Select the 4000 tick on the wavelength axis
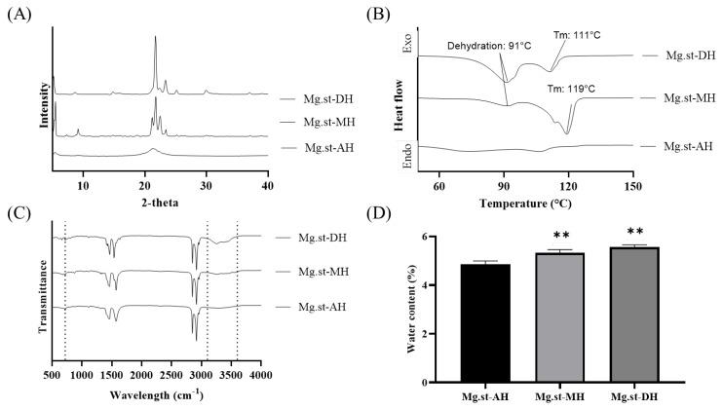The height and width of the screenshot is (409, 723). point(260,374)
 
